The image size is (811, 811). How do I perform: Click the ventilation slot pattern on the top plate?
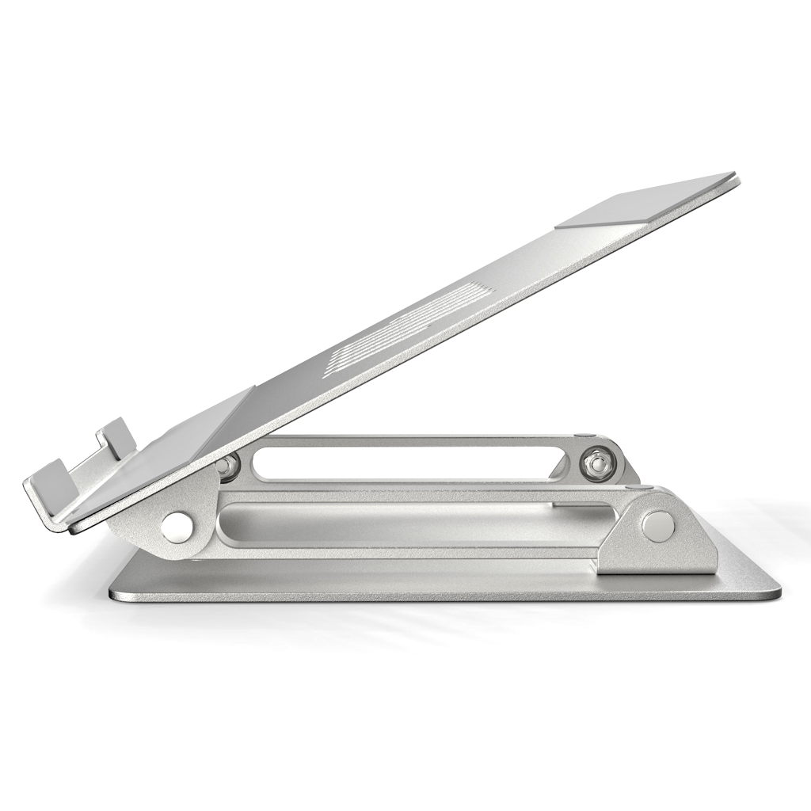coord(412,325)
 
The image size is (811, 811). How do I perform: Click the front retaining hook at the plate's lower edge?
coord(49,485)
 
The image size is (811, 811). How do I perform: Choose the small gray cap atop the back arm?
coord(584,435)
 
